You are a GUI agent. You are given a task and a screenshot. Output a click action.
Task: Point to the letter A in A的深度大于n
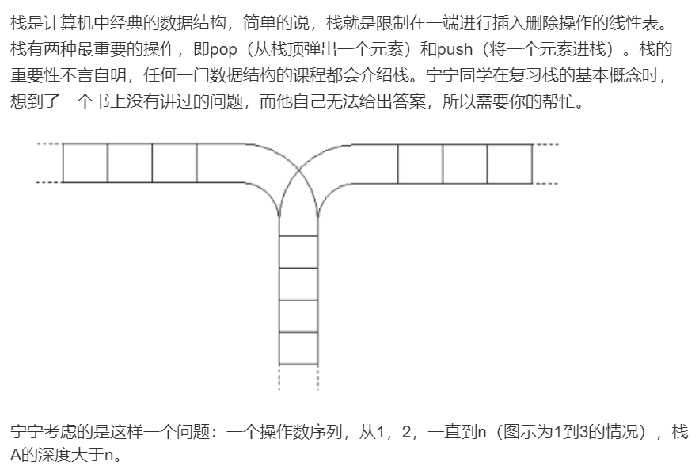pyautogui.click(x=16, y=456)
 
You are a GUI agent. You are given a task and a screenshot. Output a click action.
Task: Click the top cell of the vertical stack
pyautogui.click(x=298, y=252)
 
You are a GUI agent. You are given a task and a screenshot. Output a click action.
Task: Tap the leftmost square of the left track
pyautogui.click(x=85, y=163)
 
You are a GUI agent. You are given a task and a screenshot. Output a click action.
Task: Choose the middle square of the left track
pyautogui.click(x=130, y=163)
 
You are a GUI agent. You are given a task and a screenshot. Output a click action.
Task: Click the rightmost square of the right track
pyautogui.click(x=510, y=163)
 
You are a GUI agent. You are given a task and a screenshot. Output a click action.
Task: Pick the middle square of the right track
pyautogui.click(x=465, y=163)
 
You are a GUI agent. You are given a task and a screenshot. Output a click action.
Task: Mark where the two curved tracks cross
pyautogui.click(x=298, y=170)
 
